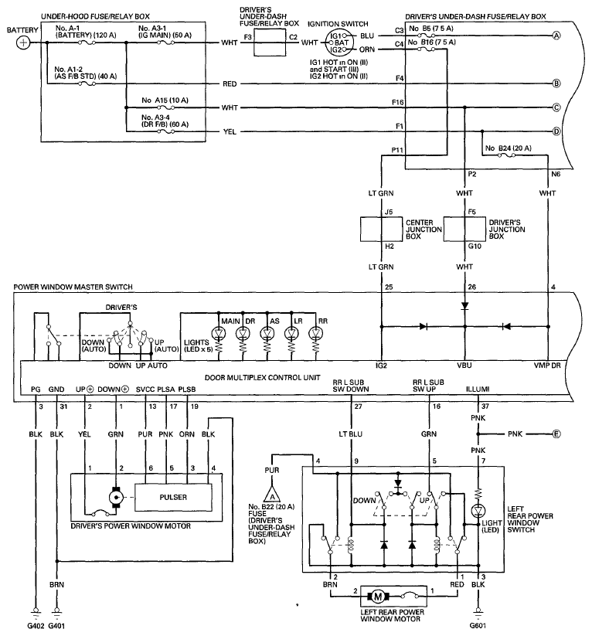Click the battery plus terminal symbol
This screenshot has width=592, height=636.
tap(23, 43)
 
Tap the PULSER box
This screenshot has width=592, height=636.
tap(173, 497)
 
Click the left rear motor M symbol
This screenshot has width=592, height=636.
tap(378, 597)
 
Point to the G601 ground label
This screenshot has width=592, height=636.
tap(478, 625)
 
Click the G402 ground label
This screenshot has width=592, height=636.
tap(36, 625)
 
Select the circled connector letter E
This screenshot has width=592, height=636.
tap(556, 434)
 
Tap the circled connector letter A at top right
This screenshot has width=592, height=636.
tap(556, 36)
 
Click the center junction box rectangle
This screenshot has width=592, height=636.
tap(382, 230)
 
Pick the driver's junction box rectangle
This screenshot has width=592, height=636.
tap(464, 230)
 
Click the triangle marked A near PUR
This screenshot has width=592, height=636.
tap(272, 495)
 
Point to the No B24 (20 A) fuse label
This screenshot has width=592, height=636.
tap(509, 148)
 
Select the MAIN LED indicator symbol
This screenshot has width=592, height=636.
tap(219, 333)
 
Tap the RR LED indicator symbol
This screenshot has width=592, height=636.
tap(315, 333)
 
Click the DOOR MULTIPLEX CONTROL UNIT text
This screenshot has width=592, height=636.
tap(263, 378)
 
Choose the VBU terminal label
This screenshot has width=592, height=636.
tap(464, 366)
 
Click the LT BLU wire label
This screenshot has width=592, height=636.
tap(351, 434)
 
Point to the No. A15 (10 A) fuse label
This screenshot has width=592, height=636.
tap(165, 100)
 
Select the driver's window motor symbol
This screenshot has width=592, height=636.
tap(116, 497)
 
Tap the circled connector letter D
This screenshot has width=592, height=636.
tap(556, 131)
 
